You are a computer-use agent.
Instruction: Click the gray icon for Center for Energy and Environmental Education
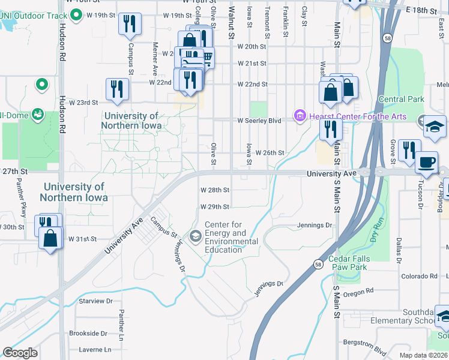tap(196, 237)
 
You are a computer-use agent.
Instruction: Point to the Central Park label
tap(402, 99)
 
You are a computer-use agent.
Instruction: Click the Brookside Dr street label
tap(88, 333)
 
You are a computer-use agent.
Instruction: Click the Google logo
tap(20, 353)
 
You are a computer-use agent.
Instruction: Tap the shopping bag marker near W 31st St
tap(50, 238)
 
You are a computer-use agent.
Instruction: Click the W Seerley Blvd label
tap(259, 121)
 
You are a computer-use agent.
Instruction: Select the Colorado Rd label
tap(420, 276)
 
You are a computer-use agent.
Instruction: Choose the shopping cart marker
tap(206, 58)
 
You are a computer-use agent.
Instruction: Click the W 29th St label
tap(214, 207)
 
